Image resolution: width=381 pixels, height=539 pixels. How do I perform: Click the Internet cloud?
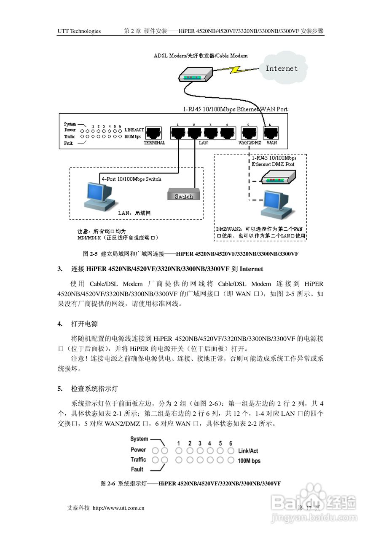click(282, 69)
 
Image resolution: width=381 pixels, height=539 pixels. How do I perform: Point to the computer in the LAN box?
click(99, 195)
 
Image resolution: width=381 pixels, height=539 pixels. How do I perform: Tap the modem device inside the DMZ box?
click(277, 179)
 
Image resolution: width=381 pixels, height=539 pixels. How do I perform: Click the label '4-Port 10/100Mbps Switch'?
click(131, 179)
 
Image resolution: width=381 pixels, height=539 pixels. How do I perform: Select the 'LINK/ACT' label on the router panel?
click(134, 130)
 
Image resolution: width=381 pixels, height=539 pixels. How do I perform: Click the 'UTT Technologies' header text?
click(79, 31)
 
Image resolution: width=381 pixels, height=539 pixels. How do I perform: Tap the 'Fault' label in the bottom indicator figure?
click(137, 469)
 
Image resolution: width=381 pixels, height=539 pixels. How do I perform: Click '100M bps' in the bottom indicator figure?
click(249, 461)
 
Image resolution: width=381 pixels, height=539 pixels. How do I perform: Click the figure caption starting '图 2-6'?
click(190, 484)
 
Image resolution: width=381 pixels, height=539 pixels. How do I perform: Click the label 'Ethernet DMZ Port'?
click(273, 164)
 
